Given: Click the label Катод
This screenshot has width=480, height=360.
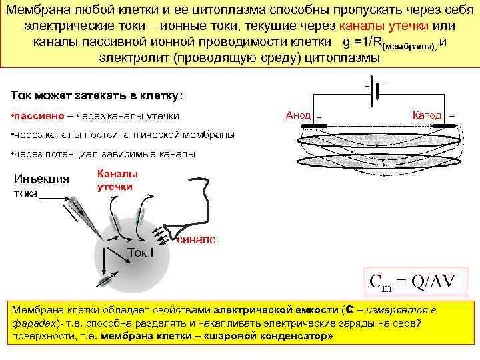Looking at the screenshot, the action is pos(427,115).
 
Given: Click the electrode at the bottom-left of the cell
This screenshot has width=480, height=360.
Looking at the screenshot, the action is pos(105,279).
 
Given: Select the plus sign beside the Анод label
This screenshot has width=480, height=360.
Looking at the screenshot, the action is pos(319,117).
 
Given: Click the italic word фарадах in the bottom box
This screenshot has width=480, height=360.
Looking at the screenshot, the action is pos(33,323).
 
